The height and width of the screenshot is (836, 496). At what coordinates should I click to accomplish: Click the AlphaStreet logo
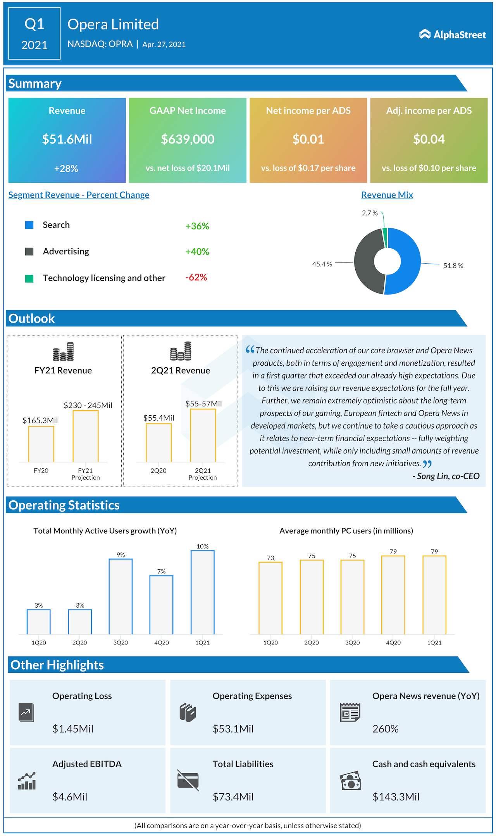tap(452, 35)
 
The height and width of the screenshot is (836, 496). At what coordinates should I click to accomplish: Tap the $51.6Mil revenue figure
tap(67, 139)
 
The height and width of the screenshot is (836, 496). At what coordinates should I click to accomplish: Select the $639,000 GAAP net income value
tap(188, 139)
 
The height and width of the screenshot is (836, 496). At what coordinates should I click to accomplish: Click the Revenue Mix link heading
tap(387, 195)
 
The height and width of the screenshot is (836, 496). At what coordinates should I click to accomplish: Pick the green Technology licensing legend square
tap(29, 278)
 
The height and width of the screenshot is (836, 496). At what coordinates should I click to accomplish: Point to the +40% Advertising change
tap(197, 252)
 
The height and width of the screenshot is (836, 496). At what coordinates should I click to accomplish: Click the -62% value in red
tap(196, 277)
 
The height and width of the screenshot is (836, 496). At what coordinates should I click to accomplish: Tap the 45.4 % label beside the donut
tap(322, 264)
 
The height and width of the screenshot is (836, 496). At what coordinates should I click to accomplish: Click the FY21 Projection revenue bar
tap(86, 436)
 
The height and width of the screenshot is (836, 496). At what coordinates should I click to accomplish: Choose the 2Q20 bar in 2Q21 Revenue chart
tap(158, 443)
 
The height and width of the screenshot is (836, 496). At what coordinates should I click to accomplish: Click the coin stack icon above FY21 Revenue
tap(63, 351)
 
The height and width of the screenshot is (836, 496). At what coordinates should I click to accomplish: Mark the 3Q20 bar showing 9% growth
tap(121, 596)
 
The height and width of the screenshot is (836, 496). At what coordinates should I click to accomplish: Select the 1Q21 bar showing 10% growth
tap(202, 592)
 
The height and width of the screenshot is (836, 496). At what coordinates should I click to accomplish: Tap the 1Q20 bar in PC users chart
tap(270, 598)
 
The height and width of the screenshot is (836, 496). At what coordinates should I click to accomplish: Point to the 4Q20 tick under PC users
tap(393, 643)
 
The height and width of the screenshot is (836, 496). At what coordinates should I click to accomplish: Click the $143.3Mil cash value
tap(396, 797)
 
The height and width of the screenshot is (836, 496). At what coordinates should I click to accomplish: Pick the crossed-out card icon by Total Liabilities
tap(188, 780)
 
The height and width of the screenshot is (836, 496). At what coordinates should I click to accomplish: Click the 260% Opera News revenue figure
tap(385, 729)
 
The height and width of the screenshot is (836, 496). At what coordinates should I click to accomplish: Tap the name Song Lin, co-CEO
tap(448, 476)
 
